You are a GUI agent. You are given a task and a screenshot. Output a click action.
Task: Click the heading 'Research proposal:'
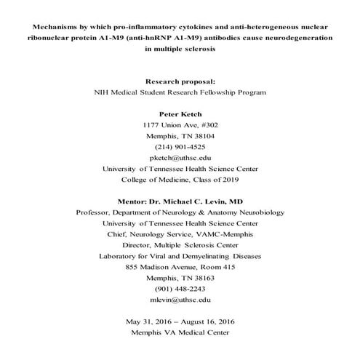click(x=180, y=81)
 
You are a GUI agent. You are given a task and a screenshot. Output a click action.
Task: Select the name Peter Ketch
click(x=180, y=114)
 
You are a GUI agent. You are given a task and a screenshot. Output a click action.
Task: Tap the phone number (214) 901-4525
click(x=180, y=145)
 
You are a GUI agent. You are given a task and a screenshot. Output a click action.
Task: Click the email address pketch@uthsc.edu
click(x=180, y=156)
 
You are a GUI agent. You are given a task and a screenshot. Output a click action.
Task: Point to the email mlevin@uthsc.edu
click(x=180, y=299)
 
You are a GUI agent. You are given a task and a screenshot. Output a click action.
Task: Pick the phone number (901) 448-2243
click(x=180, y=288)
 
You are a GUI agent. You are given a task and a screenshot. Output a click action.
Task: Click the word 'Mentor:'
click(x=134, y=201)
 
